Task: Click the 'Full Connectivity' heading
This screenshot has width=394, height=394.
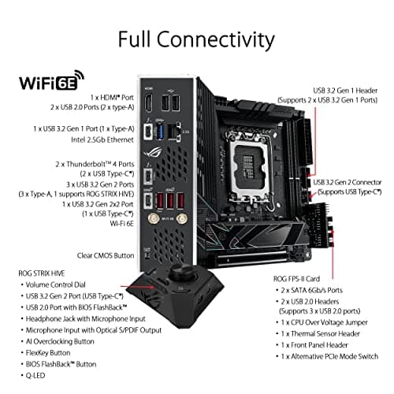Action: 197,40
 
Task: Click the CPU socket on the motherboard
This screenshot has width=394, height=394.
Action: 247,142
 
